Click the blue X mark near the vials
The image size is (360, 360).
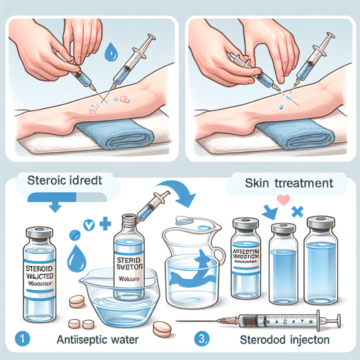click(298, 212)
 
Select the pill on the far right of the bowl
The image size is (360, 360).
click(162, 327)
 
